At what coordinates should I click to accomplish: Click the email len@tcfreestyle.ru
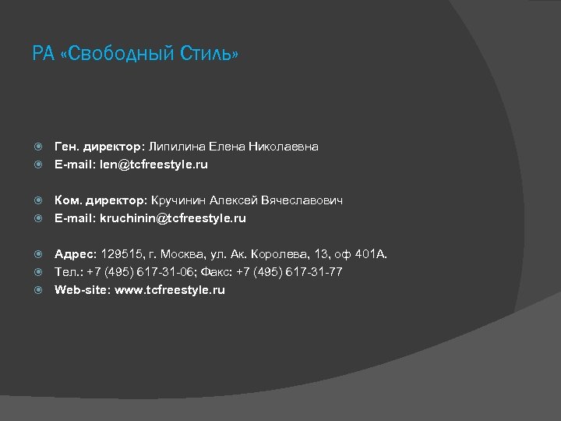tap(153, 165)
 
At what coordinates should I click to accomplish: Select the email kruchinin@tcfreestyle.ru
tap(172, 218)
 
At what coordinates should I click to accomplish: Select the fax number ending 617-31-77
tap(313, 272)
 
